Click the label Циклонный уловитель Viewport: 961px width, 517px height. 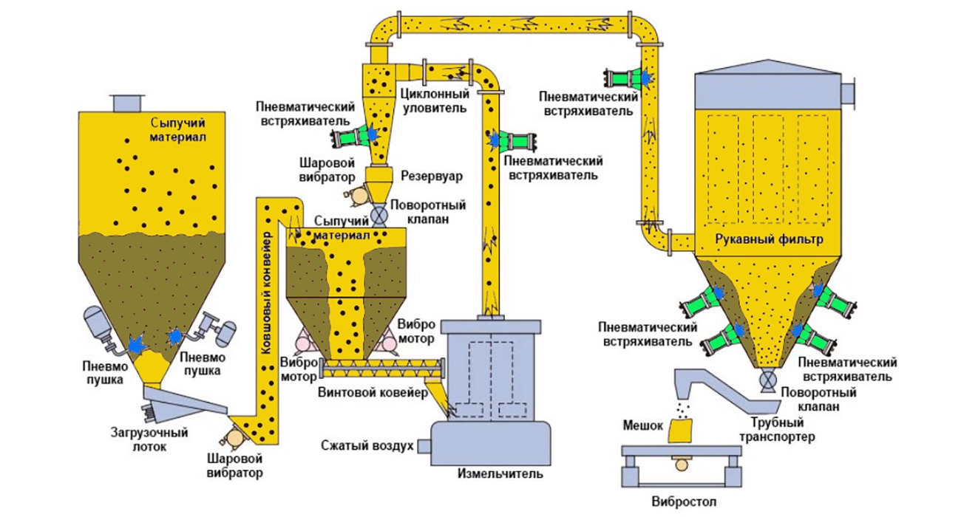point(434,100)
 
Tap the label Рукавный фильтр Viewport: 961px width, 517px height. point(770,239)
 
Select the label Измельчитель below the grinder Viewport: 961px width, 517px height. point(500,473)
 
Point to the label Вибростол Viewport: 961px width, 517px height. point(684,501)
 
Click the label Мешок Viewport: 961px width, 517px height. point(642,425)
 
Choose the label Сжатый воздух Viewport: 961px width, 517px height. point(367,446)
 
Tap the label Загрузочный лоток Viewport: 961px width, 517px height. point(149,439)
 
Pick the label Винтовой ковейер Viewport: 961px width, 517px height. point(373,392)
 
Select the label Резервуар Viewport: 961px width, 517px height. point(432,177)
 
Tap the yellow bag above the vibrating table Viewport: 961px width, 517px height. point(682,431)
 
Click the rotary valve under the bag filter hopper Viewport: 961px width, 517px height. point(767,380)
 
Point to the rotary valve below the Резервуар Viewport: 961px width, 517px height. point(378,214)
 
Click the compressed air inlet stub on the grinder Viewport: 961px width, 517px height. point(424,446)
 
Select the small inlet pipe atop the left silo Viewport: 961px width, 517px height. point(126,103)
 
